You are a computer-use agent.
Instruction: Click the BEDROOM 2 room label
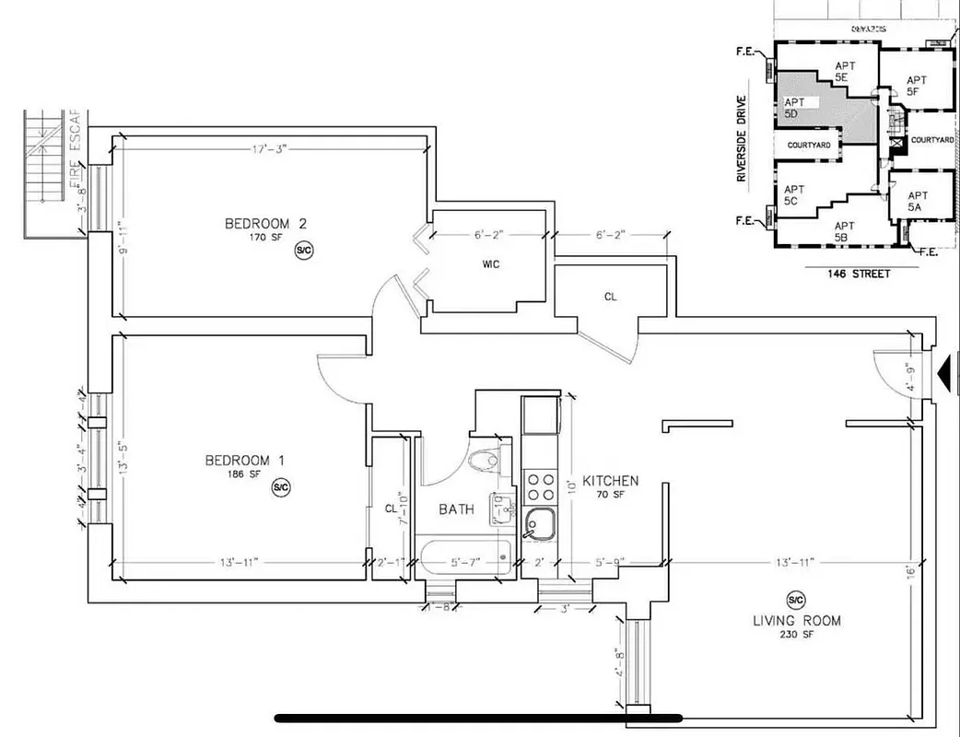[264, 224]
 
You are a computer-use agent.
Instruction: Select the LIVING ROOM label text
[796, 620]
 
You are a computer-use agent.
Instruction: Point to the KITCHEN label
[609, 481]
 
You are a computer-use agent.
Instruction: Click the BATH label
[456, 509]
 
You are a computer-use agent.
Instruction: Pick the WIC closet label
[490, 263]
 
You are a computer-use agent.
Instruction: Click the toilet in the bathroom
[484, 460]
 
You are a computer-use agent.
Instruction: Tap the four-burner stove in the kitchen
[540, 486]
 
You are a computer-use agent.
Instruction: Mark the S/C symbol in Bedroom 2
[303, 250]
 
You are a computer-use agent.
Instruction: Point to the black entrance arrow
[946, 373]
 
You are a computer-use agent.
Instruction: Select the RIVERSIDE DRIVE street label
[742, 138]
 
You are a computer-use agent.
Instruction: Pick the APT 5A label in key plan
[918, 202]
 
